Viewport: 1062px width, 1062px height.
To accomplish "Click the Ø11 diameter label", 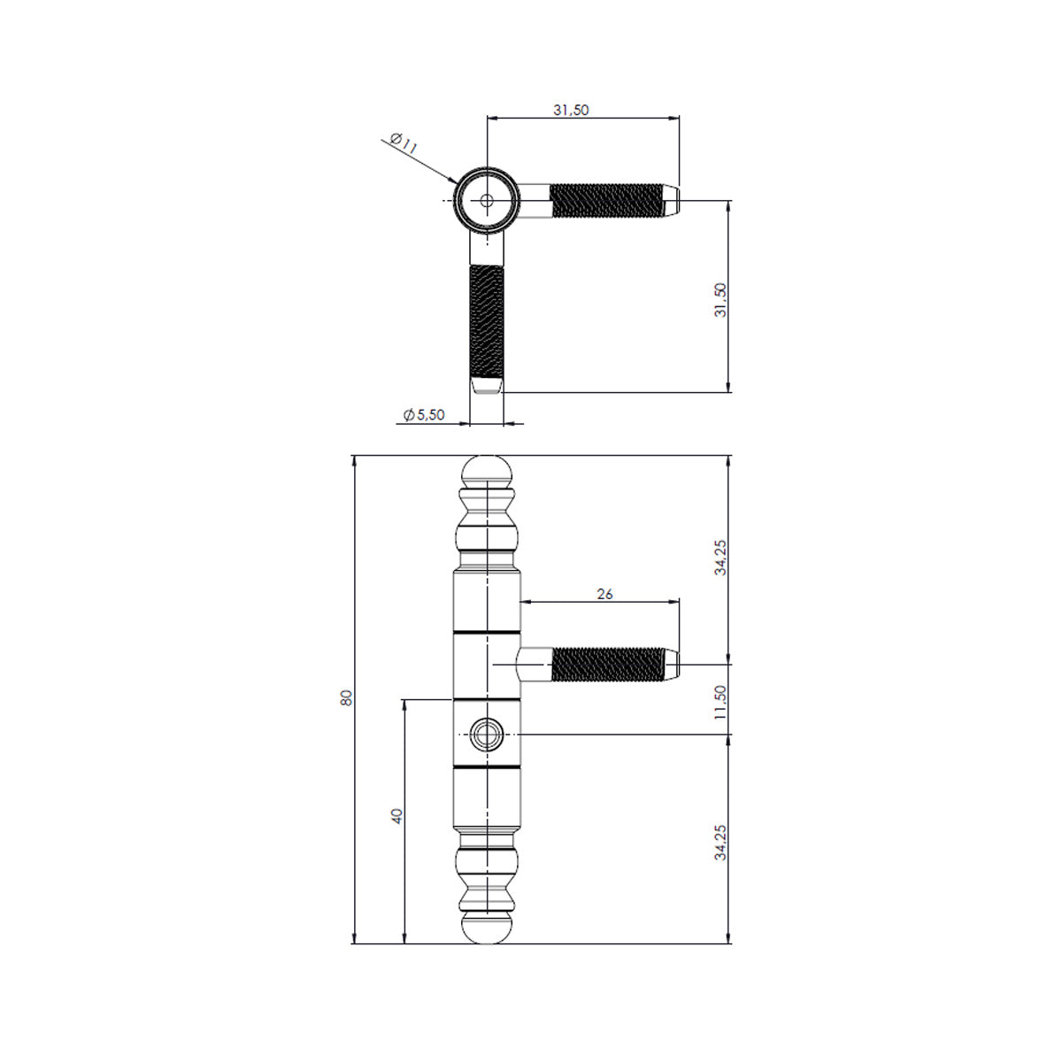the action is coord(404,143).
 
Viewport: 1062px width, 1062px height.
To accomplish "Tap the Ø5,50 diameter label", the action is coord(423,415).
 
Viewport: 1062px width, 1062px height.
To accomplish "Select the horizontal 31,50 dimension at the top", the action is coord(571,111).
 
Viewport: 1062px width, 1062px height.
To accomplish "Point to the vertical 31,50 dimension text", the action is coord(720,300).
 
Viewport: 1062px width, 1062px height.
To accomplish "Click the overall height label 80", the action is coord(346,697).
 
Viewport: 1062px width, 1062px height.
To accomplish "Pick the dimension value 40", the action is coord(396,816).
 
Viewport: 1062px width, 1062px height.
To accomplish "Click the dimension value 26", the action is coord(604,594).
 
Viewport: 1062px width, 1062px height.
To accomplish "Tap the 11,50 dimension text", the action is coord(720,702).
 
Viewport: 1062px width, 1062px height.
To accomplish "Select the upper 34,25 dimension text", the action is coord(720,558).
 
